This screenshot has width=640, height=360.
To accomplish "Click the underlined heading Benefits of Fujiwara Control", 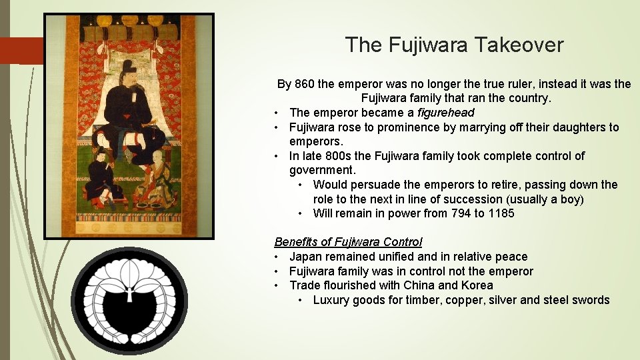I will (x=348, y=242).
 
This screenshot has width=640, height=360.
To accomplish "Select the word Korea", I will (x=477, y=285).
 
